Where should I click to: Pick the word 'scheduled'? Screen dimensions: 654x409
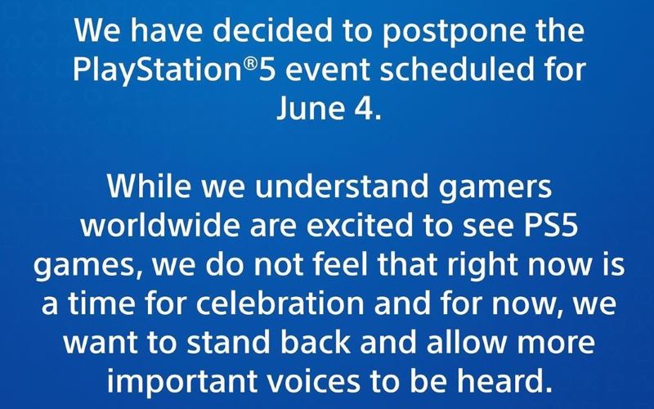tap(457, 69)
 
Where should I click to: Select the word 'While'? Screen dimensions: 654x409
tap(148, 186)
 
